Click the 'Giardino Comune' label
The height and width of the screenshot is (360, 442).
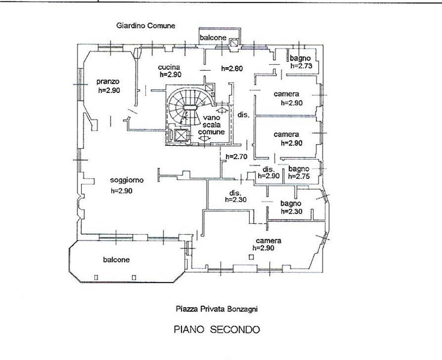146,26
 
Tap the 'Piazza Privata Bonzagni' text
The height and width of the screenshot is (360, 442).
216,309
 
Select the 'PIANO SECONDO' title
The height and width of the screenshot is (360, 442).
216,329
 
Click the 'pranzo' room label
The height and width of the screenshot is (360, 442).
108,82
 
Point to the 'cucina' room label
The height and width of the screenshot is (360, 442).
169,67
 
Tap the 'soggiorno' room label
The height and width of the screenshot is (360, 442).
127,180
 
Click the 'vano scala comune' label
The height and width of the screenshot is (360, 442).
211,125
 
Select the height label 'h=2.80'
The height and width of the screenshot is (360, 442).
232,68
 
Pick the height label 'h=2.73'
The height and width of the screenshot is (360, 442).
301,66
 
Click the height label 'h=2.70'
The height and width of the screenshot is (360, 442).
237,157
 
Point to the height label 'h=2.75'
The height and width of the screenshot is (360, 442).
299,176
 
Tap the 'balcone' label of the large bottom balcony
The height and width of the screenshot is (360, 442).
116,259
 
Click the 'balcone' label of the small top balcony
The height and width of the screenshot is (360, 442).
213,37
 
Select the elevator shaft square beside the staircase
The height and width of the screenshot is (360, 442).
181,135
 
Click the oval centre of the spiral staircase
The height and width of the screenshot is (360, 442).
190,107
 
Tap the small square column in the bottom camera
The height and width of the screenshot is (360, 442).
251,257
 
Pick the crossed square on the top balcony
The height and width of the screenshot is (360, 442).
234,43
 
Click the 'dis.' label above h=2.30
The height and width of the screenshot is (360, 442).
235,193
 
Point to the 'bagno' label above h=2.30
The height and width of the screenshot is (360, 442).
291,203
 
